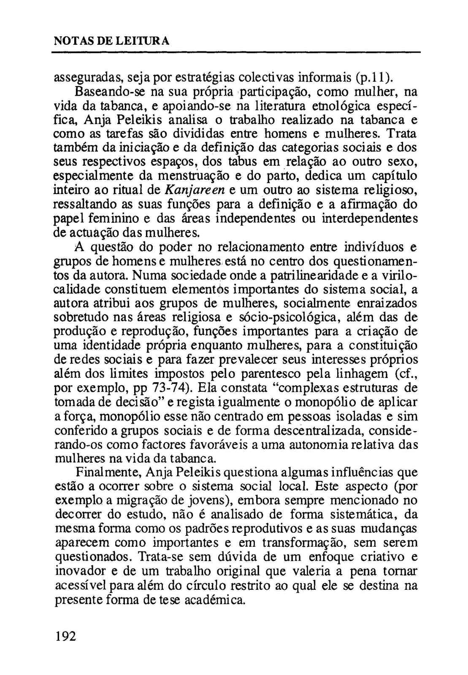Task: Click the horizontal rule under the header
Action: (x=236, y=53)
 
